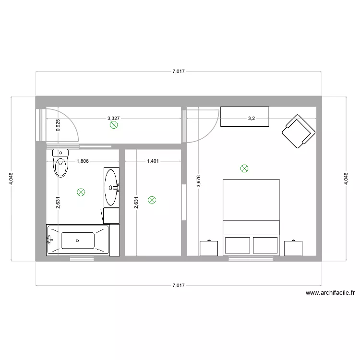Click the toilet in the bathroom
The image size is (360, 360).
[x=60, y=164]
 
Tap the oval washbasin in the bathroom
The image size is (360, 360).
[x=112, y=187]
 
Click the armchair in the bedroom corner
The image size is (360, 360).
[x=298, y=131]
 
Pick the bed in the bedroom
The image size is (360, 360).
[x=251, y=216]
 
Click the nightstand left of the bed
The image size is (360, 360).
[x=209, y=248]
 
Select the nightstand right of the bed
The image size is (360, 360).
[x=293, y=248]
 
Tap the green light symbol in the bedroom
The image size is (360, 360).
[x=244, y=168]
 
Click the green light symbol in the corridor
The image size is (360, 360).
[x=114, y=125]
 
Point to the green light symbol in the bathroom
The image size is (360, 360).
[x=81, y=192]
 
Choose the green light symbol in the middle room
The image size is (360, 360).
[x=152, y=200]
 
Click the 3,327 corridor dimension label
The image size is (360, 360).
[x=114, y=118]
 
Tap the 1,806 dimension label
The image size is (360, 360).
[x=84, y=162]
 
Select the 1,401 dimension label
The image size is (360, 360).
[x=153, y=162]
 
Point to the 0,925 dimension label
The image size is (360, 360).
[x=58, y=126]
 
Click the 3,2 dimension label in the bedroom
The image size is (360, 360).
[x=251, y=119]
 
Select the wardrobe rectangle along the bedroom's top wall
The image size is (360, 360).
[x=244, y=117]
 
